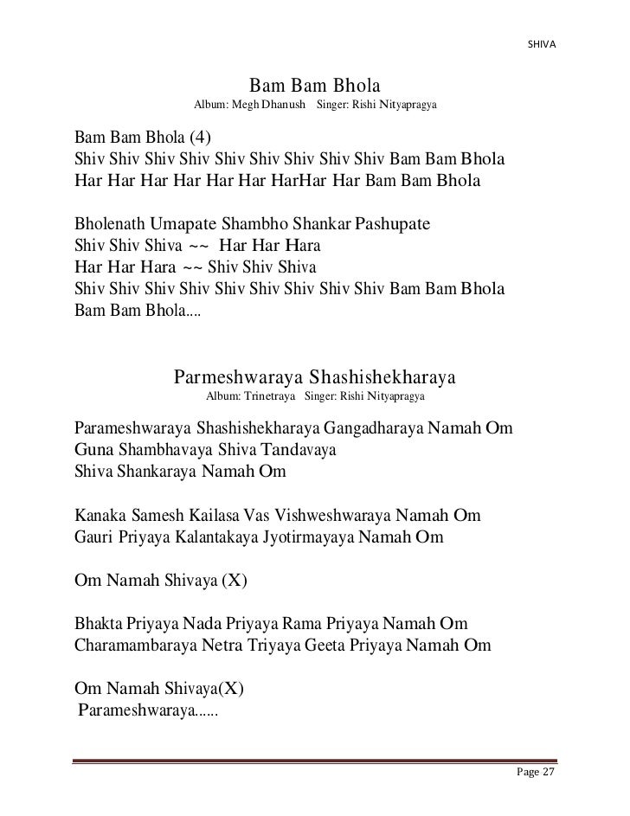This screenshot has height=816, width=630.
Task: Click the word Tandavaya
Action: [x=299, y=451]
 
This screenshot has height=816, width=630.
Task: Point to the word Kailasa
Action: [x=210, y=516]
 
